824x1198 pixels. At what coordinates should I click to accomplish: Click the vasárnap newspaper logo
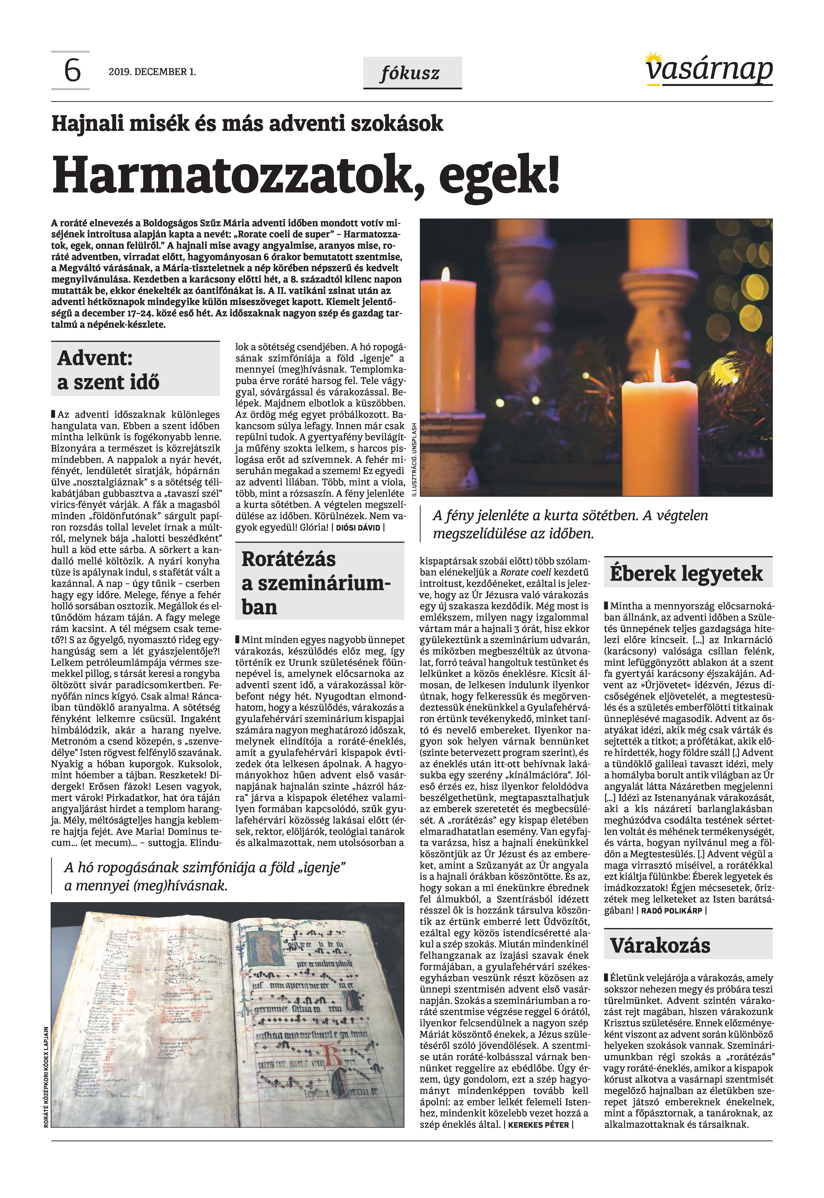tap(709, 70)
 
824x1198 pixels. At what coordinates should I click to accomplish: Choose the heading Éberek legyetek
tap(686, 573)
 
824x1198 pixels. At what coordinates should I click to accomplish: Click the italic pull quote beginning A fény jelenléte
tap(570, 524)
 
